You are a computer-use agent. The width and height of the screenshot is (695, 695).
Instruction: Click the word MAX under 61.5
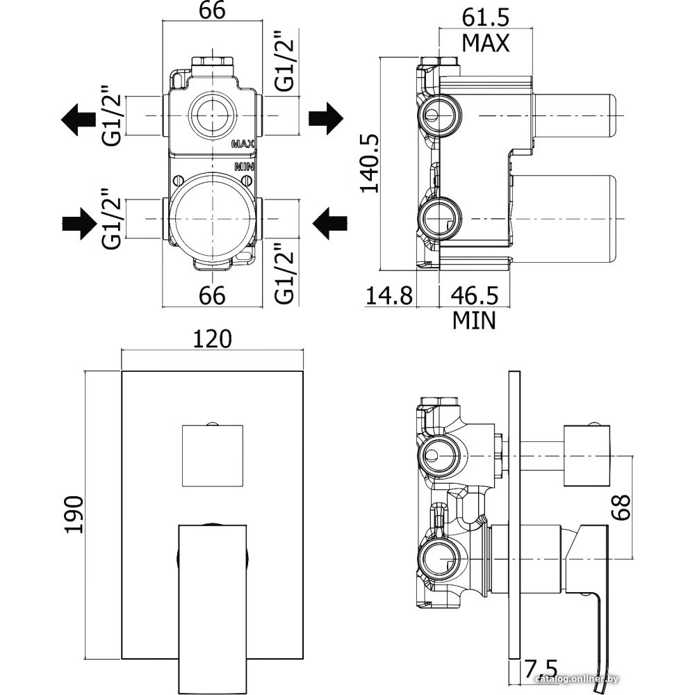(486, 43)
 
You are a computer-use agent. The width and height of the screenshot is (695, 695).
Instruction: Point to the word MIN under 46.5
(475, 320)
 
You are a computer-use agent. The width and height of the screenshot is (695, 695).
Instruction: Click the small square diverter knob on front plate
(213, 455)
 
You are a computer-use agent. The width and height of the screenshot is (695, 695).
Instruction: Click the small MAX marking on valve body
(244, 145)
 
